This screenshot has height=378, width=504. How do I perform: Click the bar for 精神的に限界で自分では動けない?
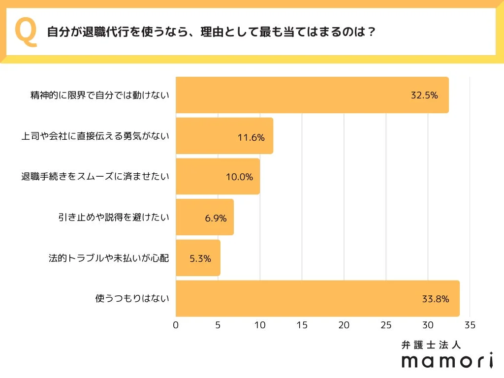312,95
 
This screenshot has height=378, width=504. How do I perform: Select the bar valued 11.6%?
224,136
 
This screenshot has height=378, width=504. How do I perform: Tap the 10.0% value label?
239,177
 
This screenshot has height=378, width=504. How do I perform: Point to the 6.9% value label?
216,218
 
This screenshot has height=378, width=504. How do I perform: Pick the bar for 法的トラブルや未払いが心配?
198,258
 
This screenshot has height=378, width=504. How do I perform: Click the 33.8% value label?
435,299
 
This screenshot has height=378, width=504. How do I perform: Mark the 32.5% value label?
424,95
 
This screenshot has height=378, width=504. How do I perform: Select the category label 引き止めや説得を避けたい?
113,218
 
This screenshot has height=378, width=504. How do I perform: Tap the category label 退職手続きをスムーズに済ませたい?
95,177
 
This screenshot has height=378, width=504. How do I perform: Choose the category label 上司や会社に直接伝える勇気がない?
95,136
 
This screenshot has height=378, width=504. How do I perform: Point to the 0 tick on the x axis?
176,325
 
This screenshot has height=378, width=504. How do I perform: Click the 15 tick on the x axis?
302,325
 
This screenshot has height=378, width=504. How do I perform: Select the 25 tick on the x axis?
386,325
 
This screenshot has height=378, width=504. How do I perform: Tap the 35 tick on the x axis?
470,325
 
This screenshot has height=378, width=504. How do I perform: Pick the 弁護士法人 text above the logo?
432,345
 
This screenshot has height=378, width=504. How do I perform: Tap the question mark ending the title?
372,32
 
